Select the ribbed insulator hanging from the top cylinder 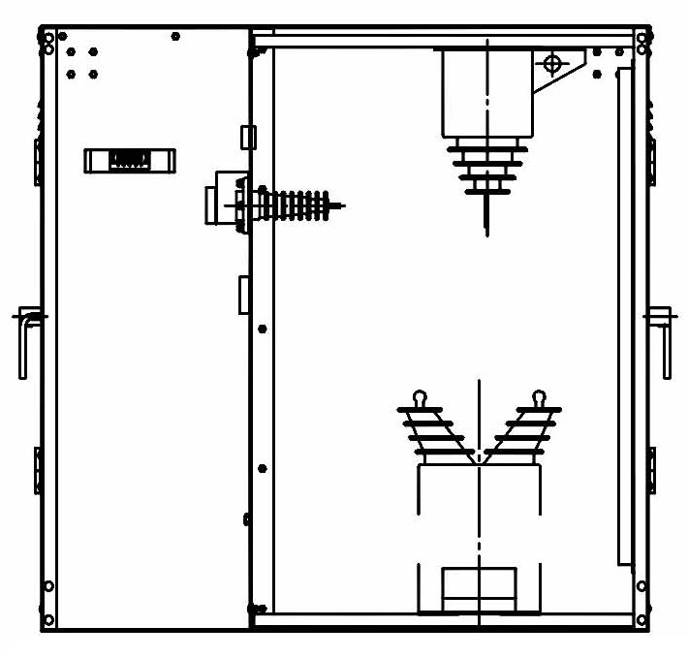(485, 168)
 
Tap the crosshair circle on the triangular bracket (552, 65)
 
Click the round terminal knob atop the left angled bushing (419, 396)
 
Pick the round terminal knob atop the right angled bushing (539, 396)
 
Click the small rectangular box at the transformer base (478, 589)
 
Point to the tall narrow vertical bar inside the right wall (624, 315)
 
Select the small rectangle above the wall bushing (247, 135)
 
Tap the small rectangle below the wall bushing (244, 295)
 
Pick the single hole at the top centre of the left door (175, 37)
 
